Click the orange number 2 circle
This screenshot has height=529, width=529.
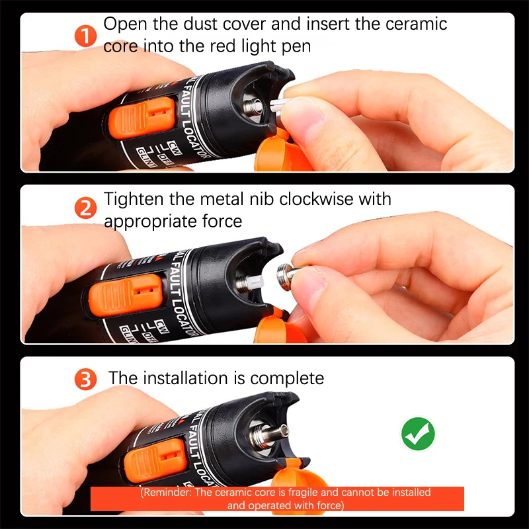[86, 209]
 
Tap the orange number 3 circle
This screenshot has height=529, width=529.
[86, 380]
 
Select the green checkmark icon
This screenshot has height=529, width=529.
[418, 434]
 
